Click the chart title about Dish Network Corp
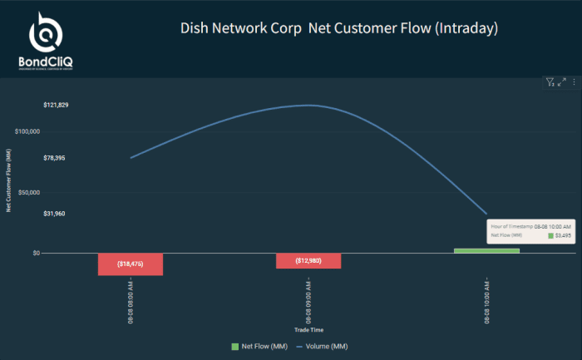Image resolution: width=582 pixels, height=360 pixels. [x=338, y=28]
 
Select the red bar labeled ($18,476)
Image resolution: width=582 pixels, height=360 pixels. [x=131, y=264]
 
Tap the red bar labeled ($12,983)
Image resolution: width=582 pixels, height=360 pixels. [x=308, y=261]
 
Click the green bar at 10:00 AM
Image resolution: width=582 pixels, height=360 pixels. [x=486, y=250]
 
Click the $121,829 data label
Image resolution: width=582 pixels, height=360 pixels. [x=56, y=105]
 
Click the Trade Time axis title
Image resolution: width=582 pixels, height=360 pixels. [x=308, y=330]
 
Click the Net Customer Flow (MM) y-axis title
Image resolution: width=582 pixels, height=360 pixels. [x=8, y=180]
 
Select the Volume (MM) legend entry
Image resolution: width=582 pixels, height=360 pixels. [x=322, y=346]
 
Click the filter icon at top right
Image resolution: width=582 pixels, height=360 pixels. [x=550, y=81]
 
